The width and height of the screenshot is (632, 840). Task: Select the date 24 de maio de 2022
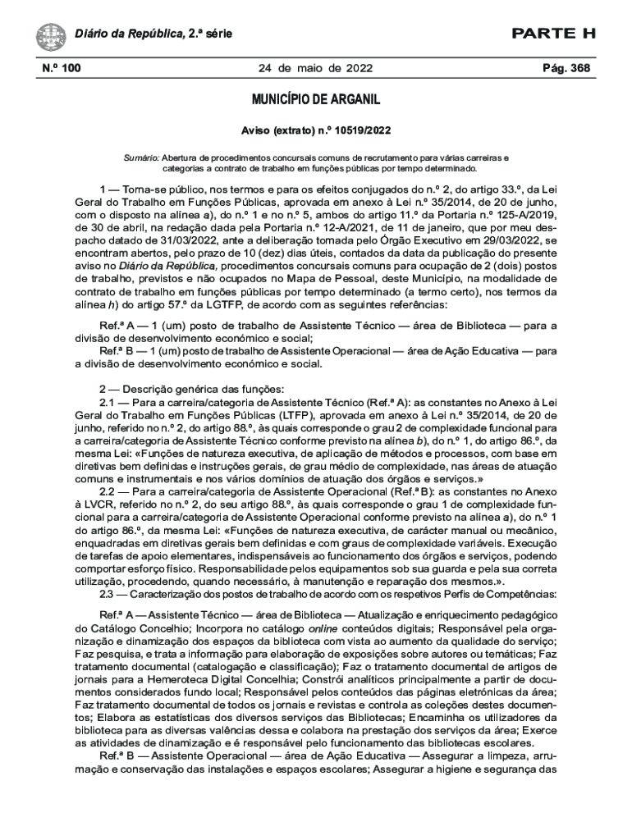pos(316,68)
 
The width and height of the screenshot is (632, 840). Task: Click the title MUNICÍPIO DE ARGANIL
pos(316,100)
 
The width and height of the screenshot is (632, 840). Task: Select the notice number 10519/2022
pos(362,130)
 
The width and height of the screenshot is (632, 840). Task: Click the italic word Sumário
pos(140,156)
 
